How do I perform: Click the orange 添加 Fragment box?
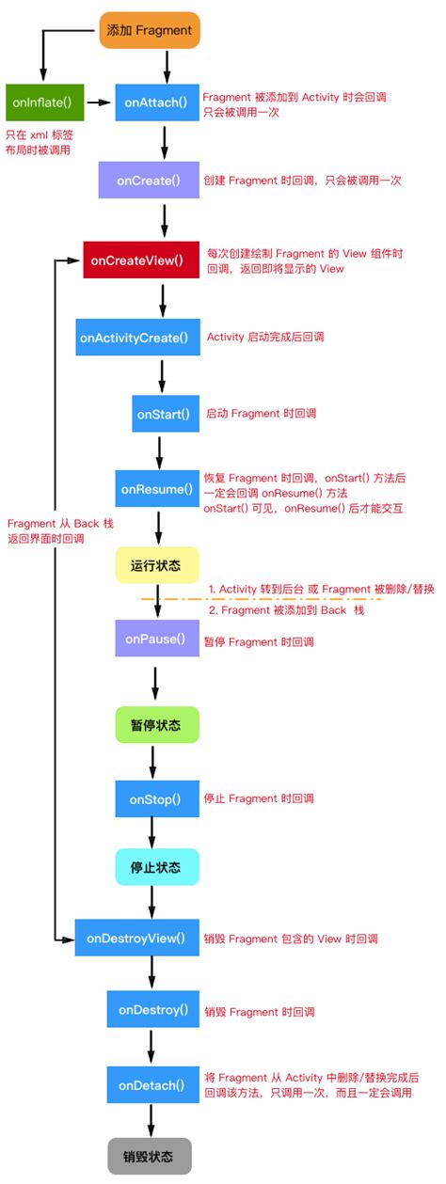151,30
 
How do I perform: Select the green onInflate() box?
44,99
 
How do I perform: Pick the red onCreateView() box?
138,259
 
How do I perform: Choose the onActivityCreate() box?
137,337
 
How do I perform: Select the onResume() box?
156,489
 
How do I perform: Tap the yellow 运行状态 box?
156,565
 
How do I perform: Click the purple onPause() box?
156,639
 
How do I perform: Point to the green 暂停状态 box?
156,726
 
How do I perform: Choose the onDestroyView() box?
138,938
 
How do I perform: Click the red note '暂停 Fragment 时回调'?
259,641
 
